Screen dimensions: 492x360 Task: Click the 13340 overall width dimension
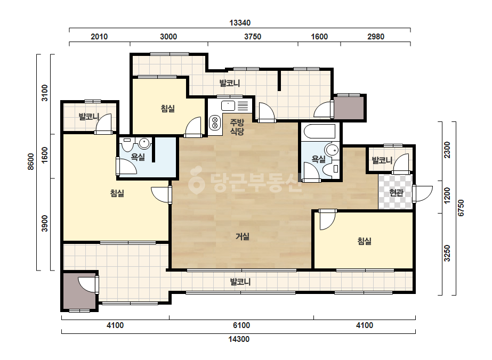[x=240, y=23]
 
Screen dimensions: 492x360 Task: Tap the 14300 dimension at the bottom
[x=239, y=339]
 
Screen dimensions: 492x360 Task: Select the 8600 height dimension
[x=31, y=162]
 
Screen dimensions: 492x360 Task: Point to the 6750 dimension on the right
[x=461, y=208]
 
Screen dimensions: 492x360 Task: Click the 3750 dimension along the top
[x=253, y=37]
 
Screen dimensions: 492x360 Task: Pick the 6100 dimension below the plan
[x=241, y=325]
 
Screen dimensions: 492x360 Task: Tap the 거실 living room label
[x=242, y=236]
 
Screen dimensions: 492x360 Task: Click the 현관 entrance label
[x=396, y=192]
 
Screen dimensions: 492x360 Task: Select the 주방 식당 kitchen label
[x=237, y=127]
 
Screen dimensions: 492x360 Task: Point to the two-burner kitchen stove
[x=215, y=122]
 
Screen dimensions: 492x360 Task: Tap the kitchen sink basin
[x=228, y=105]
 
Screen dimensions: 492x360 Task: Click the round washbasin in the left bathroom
[x=144, y=143]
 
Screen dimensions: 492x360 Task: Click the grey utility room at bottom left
[x=79, y=291]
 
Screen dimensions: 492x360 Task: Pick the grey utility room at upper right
[x=348, y=108]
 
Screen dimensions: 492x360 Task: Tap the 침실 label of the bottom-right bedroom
[x=364, y=241]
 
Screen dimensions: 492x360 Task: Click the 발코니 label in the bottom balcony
[x=240, y=282]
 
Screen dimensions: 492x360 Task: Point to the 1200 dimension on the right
[x=447, y=195]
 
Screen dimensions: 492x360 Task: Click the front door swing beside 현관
[x=423, y=194]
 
